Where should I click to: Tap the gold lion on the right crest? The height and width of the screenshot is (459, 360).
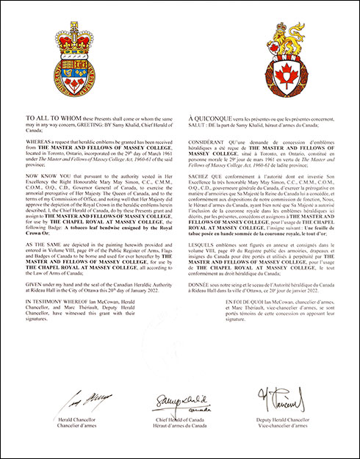[x=270, y=42]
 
